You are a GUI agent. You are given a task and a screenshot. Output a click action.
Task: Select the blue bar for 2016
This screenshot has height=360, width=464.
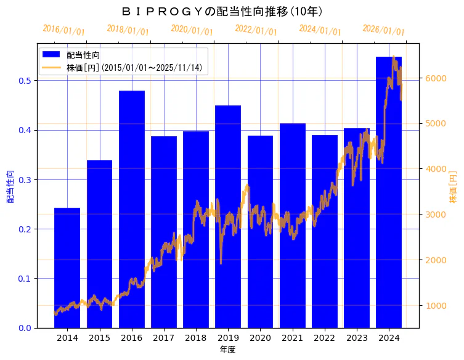pos(131,209)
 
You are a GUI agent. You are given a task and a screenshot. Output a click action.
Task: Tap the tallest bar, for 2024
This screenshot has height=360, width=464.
pos(389,192)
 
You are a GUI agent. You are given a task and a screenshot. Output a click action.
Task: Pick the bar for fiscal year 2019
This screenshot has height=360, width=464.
pos(228,216)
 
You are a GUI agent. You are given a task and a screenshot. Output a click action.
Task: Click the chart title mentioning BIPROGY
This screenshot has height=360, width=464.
pos(222,11)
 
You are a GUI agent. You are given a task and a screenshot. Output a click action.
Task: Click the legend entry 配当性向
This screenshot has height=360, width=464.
pos(83,55)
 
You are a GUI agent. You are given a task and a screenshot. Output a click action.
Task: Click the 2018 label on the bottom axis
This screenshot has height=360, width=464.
pos(195,338)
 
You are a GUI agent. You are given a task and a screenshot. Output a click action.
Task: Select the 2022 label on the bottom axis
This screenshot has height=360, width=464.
pos(324,338)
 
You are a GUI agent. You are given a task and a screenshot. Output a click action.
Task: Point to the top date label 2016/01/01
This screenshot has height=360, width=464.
pos(63,30)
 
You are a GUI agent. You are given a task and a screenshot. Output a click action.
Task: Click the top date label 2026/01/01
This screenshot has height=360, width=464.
pos(383,30)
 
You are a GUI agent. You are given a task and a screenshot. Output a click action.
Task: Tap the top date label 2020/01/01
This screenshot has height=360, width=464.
pos(192,30)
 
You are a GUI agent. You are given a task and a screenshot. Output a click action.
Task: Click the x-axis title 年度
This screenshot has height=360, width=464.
pos(227,350)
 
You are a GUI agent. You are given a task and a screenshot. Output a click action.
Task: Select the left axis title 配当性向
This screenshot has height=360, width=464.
pos(10,186)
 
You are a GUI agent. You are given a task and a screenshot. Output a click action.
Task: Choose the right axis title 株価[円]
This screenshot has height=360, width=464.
pos(453,186)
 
